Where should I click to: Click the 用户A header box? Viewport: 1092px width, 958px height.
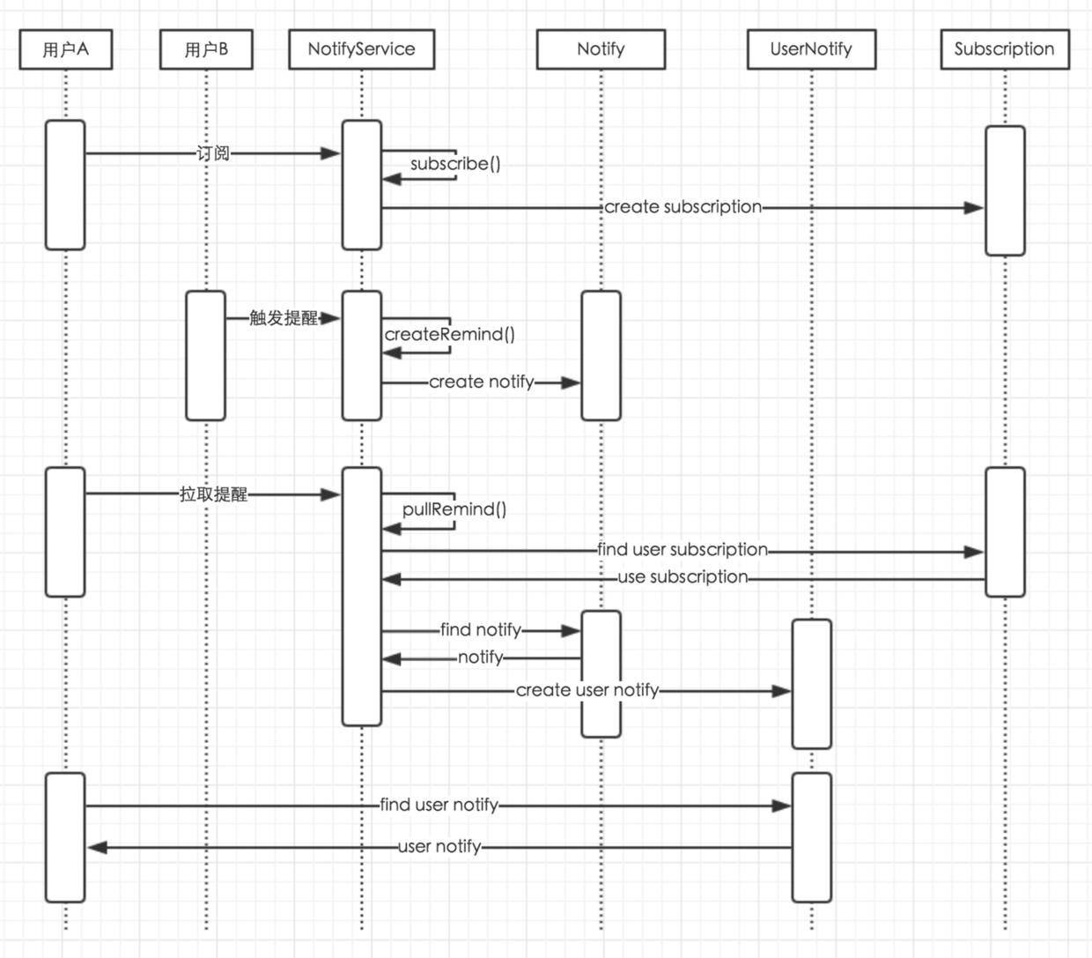pyautogui.click(x=66, y=49)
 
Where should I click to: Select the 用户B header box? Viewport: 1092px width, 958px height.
pyautogui.click(x=206, y=49)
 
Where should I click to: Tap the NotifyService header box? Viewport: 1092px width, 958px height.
pyautogui.click(x=361, y=49)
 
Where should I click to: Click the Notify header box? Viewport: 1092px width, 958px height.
pyautogui.click(x=601, y=49)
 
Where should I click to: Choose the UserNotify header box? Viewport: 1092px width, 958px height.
pyautogui.click(x=811, y=49)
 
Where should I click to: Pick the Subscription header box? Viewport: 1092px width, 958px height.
pyautogui.click(x=1004, y=49)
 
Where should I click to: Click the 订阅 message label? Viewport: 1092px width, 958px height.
pyautogui.click(x=213, y=153)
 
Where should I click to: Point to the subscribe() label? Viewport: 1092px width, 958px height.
pyautogui.click(x=455, y=164)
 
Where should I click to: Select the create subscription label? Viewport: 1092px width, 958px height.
pyautogui.click(x=682, y=207)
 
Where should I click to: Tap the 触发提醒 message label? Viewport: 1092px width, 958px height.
pyautogui.click(x=283, y=318)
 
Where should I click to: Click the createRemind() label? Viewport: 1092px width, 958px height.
pyautogui.click(x=449, y=334)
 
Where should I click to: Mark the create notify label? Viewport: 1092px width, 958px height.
pyautogui.click(x=481, y=382)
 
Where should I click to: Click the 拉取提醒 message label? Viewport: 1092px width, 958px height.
pyautogui.click(x=213, y=494)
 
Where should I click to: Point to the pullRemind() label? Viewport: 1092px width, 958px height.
pyautogui.click(x=454, y=509)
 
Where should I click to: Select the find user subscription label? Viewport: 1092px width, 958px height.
pyautogui.click(x=682, y=550)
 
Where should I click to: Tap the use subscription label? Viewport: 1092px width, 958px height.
pyautogui.click(x=682, y=577)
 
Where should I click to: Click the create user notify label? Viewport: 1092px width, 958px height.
pyautogui.click(x=587, y=690)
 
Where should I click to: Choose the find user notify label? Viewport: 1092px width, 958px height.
pyautogui.click(x=439, y=805)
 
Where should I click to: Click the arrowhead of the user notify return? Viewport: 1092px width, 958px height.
pyautogui.click(x=97, y=848)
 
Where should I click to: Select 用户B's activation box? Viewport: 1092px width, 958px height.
pyautogui.click(x=205, y=356)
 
